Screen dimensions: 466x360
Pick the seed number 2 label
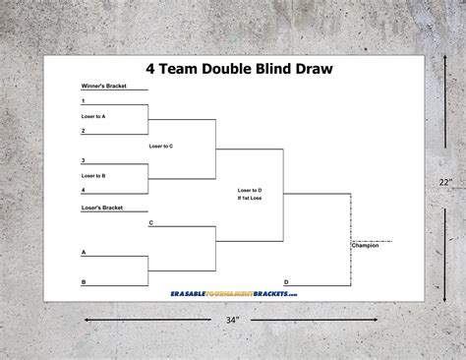[84, 130]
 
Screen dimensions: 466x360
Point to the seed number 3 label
[84, 160]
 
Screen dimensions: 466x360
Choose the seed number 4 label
[84, 189]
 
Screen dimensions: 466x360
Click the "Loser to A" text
[94, 116]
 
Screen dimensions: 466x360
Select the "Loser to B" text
[94, 175]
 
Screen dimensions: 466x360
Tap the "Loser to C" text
[161, 146]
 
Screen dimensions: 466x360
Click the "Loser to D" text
[250, 189]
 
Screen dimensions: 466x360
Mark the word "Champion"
[365, 246]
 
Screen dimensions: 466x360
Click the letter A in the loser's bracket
[84, 252]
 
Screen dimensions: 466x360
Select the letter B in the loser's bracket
[84, 281]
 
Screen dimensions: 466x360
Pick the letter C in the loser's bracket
[150, 223]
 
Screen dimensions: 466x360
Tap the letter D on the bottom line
[286, 281]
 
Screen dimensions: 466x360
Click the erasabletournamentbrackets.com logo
[232, 293]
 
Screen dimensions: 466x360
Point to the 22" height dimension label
[445, 181]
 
